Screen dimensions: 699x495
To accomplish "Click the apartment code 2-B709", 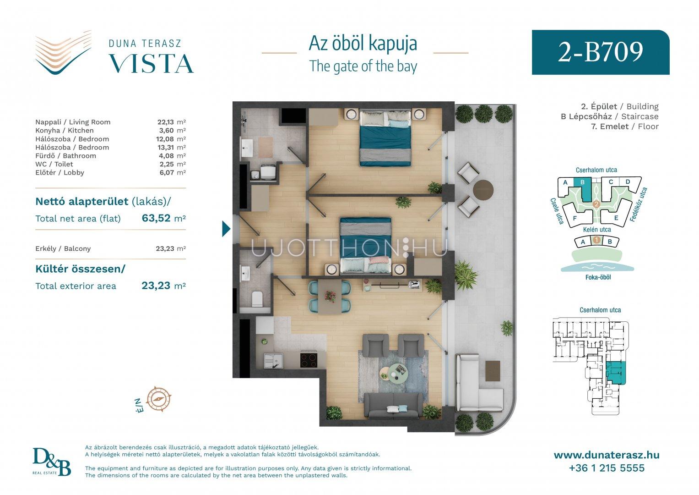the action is click(601, 52).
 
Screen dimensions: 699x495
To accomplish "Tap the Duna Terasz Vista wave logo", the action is click(63, 52).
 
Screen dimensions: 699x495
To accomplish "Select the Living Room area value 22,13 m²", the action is click(171, 122).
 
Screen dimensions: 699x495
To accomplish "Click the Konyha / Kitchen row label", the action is click(64, 130).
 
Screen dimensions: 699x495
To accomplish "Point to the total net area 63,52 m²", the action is click(164, 218).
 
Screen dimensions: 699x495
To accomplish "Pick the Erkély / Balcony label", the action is click(63, 248).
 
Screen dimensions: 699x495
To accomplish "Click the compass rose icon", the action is click(159, 399).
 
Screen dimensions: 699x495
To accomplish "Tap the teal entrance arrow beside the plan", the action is click(226, 229).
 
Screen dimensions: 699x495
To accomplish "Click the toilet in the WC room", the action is click(257, 299).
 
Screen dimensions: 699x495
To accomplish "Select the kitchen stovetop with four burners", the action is click(309, 359).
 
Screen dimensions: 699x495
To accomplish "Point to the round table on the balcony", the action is click(483, 190).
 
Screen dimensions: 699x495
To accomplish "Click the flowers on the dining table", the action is click(330, 296).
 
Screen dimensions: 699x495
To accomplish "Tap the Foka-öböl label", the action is click(598, 277).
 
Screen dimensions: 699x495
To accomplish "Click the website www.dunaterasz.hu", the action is click(607, 455).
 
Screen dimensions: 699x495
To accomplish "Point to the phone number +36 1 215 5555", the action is click(607, 468).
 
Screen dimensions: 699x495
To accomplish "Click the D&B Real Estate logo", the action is click(52, 462).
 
